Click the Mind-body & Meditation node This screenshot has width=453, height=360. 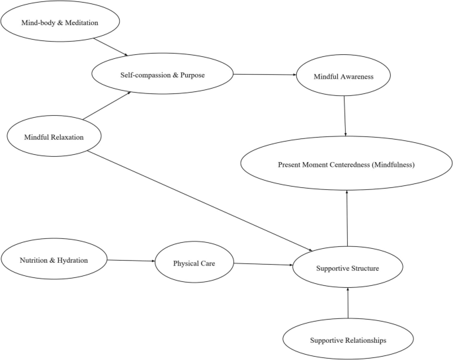tap(60, 22)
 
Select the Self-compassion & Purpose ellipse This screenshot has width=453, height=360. tap(162, 75)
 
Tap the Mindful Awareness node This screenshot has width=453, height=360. tap(344, 77)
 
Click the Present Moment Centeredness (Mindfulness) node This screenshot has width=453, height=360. tap(347, 165)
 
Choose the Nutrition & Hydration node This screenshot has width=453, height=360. tap(54, 260)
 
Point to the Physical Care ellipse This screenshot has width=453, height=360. tap(194, 263)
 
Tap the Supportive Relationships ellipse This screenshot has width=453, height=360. tap(349, 339)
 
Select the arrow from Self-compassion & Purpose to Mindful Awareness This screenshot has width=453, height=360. tap(265, 75)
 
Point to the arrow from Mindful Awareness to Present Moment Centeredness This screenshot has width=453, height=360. tap(345, 116)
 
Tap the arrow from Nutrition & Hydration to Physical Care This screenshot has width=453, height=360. tap(130, 261)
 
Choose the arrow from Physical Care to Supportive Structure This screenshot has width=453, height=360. tap(263, 265)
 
